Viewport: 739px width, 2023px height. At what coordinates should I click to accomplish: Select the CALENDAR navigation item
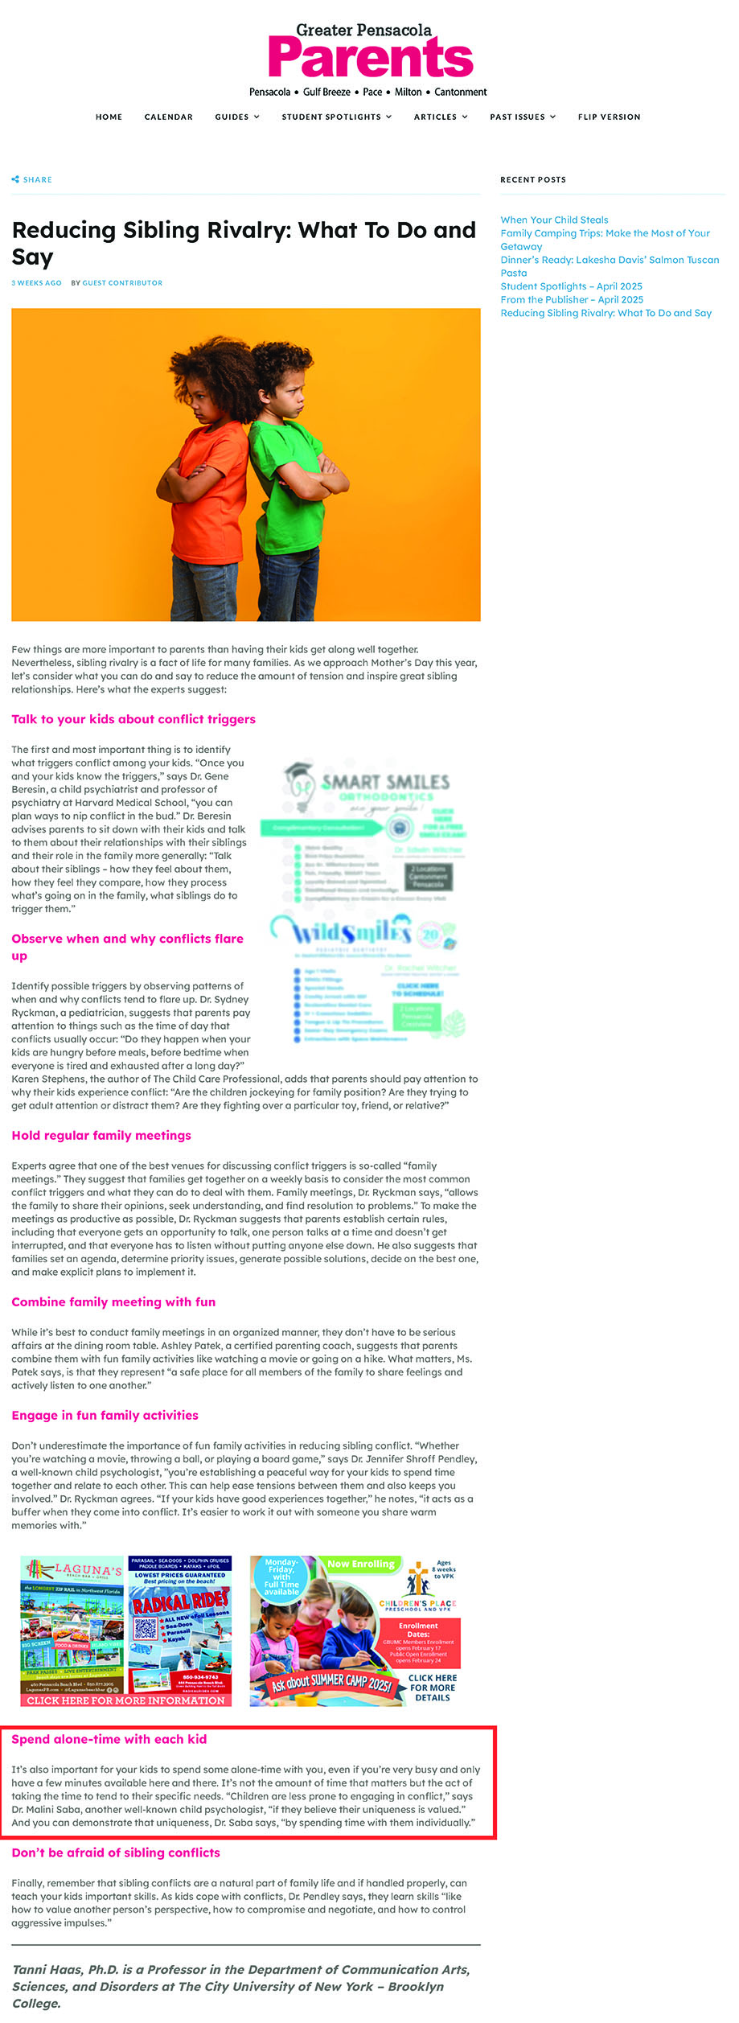click(x=168, y=117)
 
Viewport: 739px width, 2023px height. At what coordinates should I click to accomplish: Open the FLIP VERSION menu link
click(x=609, y=117)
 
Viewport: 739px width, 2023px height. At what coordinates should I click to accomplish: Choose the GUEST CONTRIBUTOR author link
click(x=122, y=283)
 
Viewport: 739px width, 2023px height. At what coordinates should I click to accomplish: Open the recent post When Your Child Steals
click(x=554, y=220)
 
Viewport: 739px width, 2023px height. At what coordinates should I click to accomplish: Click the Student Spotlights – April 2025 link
click(x=571, y=286)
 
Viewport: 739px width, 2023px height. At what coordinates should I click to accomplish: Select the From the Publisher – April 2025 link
click(x=572, y=299)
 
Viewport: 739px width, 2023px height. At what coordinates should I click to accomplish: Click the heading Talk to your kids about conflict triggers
click(x=133, y=719)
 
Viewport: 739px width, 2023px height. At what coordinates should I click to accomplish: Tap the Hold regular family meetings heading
click(x=101, y=1135)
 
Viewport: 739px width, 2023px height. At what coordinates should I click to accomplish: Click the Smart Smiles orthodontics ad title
click(x=384, y=782)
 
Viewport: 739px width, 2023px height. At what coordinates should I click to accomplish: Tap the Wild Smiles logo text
click(x=351, y=932)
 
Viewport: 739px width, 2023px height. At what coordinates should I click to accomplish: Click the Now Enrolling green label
click(x=361, y=1565)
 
